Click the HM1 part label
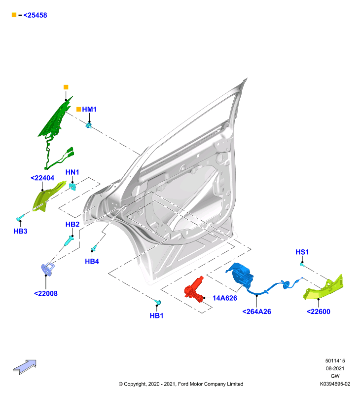click(x=89, y=109)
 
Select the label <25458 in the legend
click(x=35, y=15)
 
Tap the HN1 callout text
click(x=72, y=172)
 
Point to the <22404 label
click(x=42, y=178)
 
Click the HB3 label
click(x=20, y=231)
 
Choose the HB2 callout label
click(x=72, y=224)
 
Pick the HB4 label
click(x=92, y=261)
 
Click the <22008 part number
click(x=45, y=293)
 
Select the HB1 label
click(x=156, y=316)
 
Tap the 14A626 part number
click(x=225, y=298)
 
